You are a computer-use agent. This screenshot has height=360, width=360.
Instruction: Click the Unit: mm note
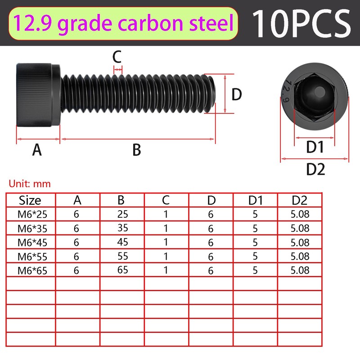30,184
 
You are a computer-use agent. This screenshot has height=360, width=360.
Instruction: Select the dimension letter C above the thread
117,57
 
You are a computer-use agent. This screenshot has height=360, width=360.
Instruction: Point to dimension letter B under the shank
137,150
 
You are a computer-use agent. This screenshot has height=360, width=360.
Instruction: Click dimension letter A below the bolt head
37,150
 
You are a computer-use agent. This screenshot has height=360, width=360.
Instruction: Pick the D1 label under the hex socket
315,147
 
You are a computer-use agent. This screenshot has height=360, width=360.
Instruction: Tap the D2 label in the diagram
315,169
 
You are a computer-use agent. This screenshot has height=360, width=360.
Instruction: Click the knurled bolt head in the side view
38,94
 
